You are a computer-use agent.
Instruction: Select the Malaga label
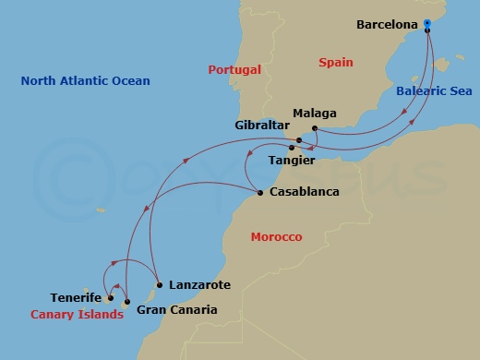314,114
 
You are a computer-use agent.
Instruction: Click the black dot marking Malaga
315,127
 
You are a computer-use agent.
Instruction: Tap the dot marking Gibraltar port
299,140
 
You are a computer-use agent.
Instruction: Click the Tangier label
290,160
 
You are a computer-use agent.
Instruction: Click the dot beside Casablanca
259,193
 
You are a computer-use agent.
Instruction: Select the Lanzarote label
199,285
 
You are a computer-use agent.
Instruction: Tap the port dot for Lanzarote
160,285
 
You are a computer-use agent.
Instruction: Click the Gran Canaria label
176,310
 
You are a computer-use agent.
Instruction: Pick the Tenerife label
76,298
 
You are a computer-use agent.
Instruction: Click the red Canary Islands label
77,315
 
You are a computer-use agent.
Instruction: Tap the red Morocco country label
276,237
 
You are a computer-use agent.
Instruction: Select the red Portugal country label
234,69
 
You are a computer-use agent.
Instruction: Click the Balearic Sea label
434,91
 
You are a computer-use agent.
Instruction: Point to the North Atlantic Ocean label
85,81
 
